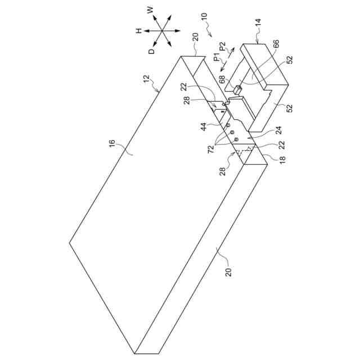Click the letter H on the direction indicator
click(x=138, y=31)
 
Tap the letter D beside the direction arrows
click(x=151, y=51)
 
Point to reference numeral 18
click(x=282, y=159)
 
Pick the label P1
click(x=215, y=56)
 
